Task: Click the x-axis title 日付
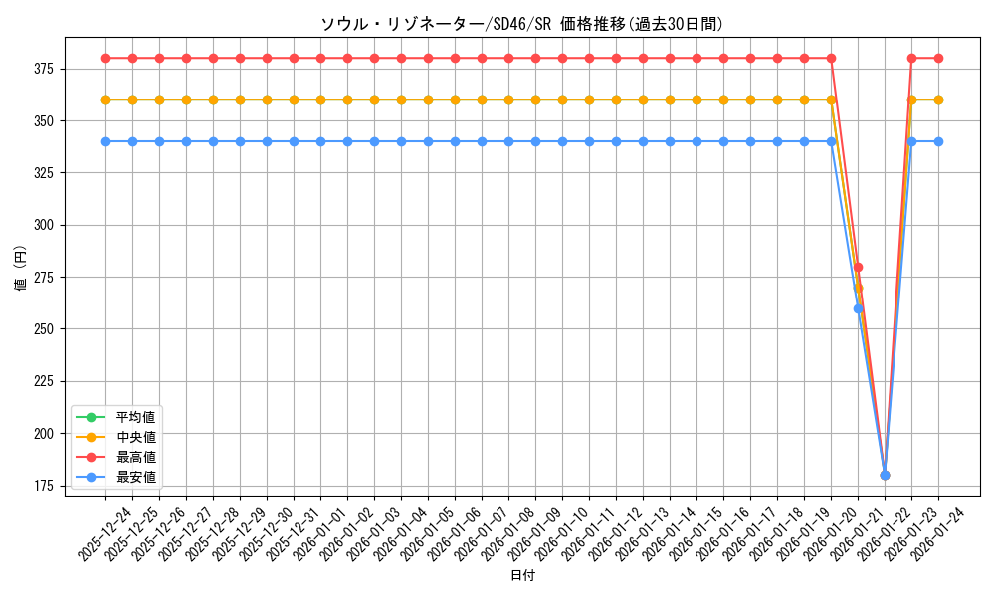[521, 576]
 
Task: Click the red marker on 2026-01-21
[858, 267]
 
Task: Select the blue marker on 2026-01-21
[858, 308]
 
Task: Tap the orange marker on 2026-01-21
[858, 288]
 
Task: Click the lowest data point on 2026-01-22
[885, 475]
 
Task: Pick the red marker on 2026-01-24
[938, 58]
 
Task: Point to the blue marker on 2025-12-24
[105, 141]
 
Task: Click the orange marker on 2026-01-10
[562, 99]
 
